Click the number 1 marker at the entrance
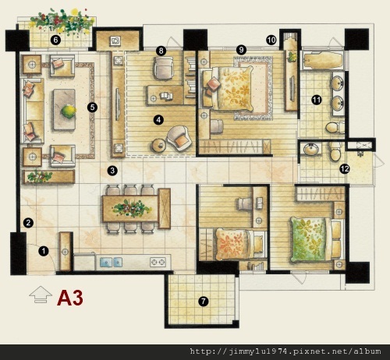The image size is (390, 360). pos(44,251)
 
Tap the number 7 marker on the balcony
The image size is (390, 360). pos(203,302)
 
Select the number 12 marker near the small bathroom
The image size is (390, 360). pos(345,169)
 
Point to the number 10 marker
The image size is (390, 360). pos(271,41)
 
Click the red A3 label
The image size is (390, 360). pos(70,298)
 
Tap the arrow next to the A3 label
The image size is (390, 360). pos(41,295)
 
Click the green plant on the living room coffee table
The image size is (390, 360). pos(69,111)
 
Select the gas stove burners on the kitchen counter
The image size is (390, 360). pos(158,262)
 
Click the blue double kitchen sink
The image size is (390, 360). pos(111,262)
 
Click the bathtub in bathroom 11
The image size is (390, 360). pos(322,61)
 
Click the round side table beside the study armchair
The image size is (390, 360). pos(159,145)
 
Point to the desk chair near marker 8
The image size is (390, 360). pos(164,68)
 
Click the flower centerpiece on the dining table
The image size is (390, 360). pos(131,208)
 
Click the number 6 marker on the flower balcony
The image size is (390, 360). pos(55,41)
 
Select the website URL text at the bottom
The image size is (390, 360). pos(285,351)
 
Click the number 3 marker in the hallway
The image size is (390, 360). pos(112,171)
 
